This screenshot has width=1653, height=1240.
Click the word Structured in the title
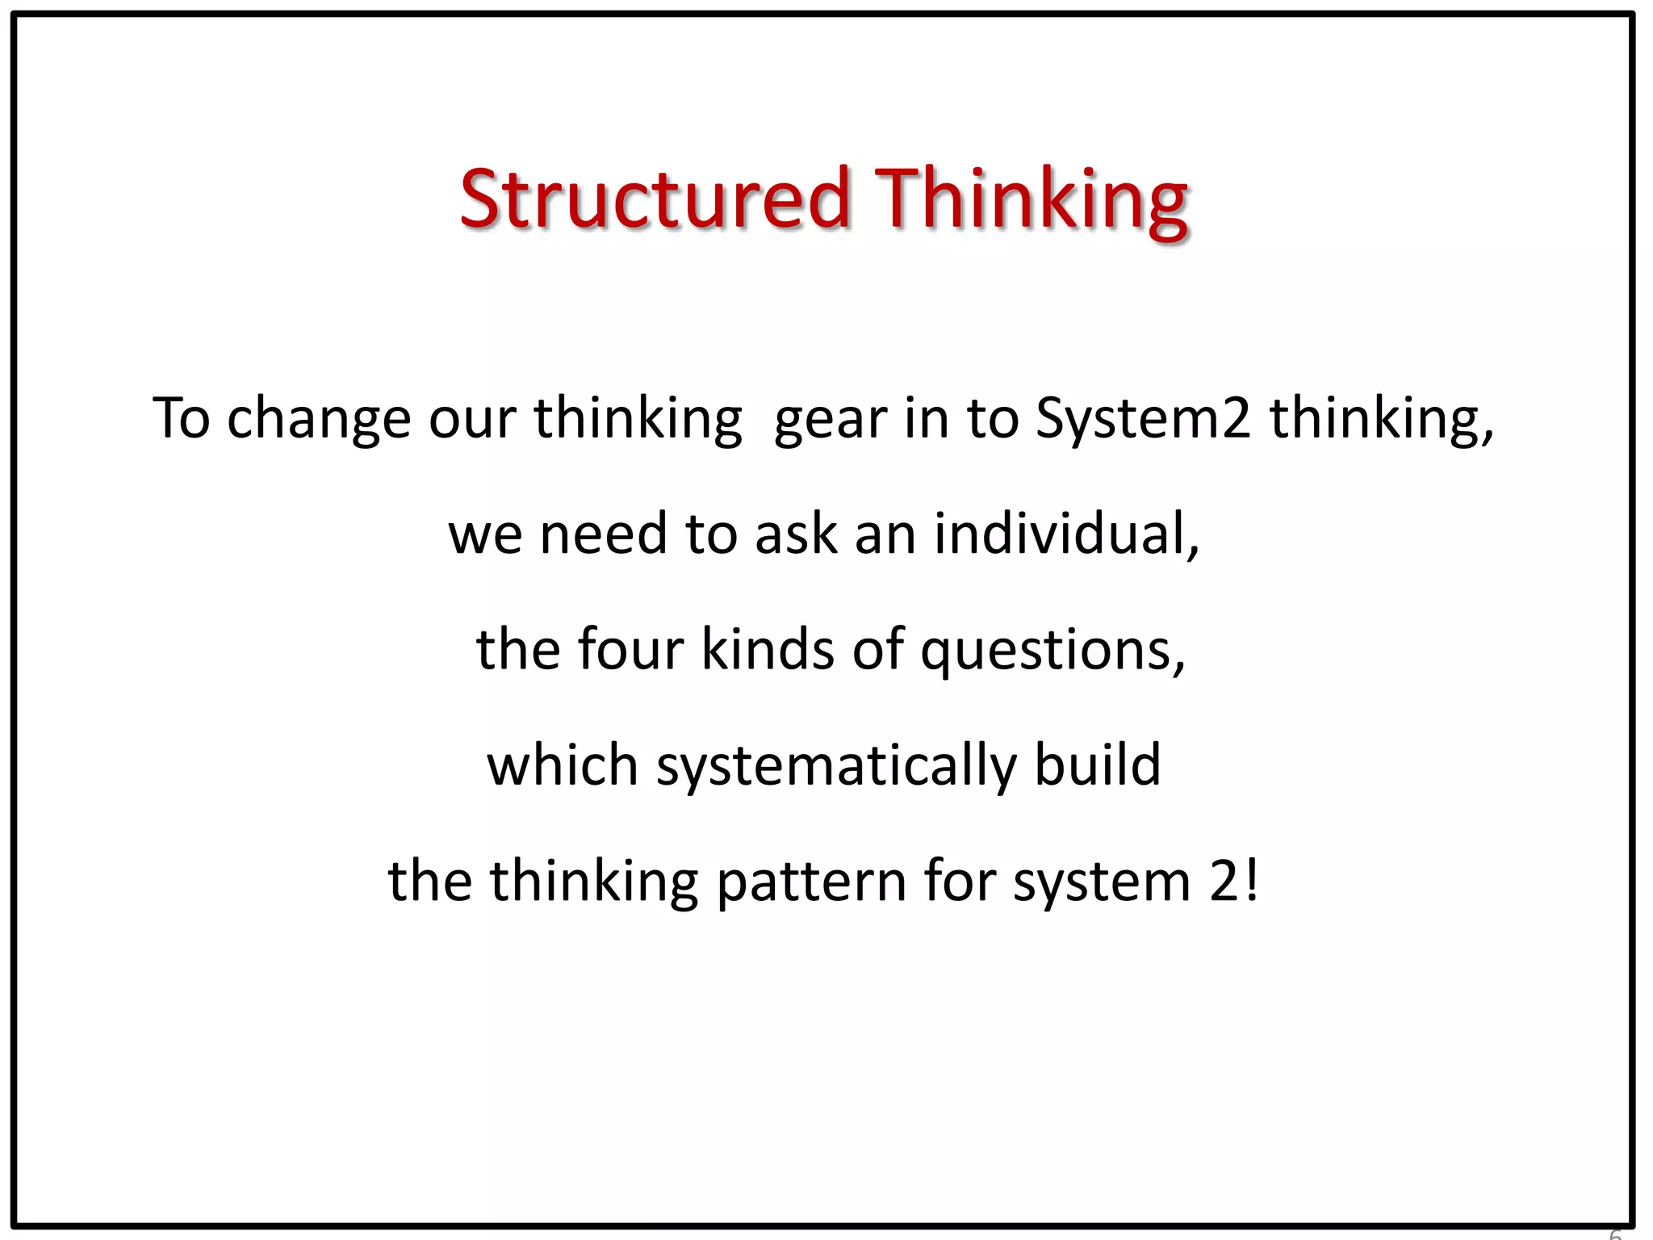655,199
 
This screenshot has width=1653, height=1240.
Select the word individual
1065,534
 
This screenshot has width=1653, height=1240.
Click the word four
630,650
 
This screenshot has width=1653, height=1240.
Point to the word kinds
768,650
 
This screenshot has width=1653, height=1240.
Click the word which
563,765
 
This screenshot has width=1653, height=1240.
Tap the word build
1098,765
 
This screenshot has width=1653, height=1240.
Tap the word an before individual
885,534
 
